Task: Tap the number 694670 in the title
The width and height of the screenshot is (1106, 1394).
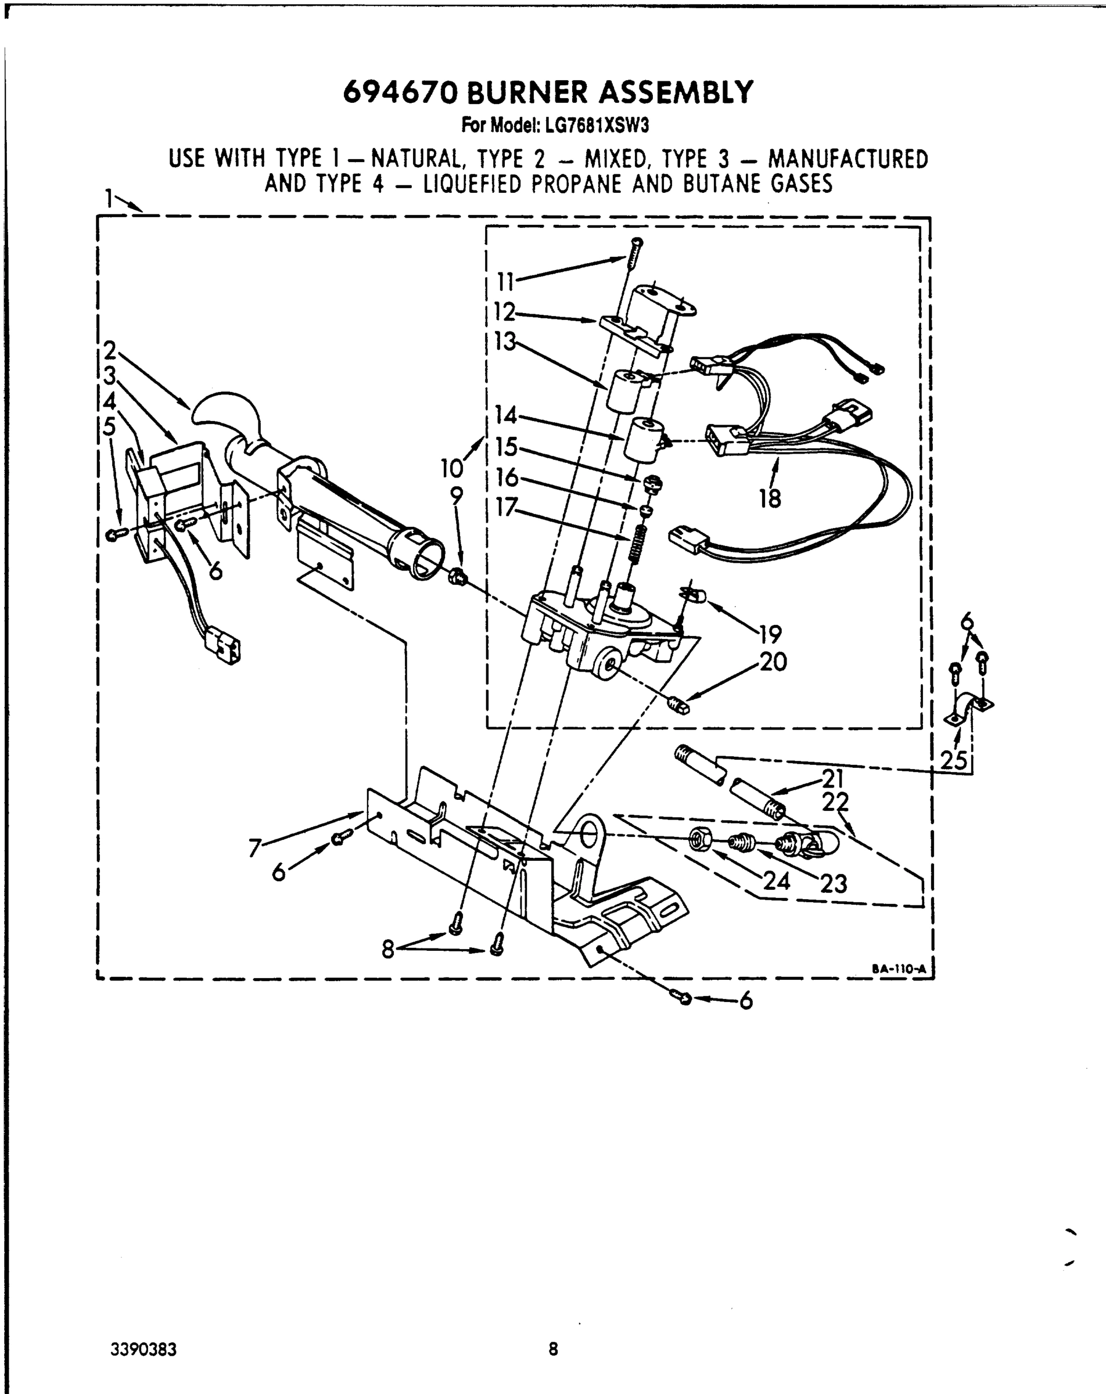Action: (400, 92)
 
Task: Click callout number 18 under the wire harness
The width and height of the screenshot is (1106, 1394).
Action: (770, 498)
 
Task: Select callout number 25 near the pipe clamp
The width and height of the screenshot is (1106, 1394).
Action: (953, 760)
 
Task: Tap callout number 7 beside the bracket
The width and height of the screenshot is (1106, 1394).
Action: (255, 847)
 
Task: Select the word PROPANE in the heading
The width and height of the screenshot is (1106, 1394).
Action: (577, 184)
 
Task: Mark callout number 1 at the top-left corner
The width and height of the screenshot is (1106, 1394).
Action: (109, 198)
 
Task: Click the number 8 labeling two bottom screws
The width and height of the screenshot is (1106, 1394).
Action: (387, 949)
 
